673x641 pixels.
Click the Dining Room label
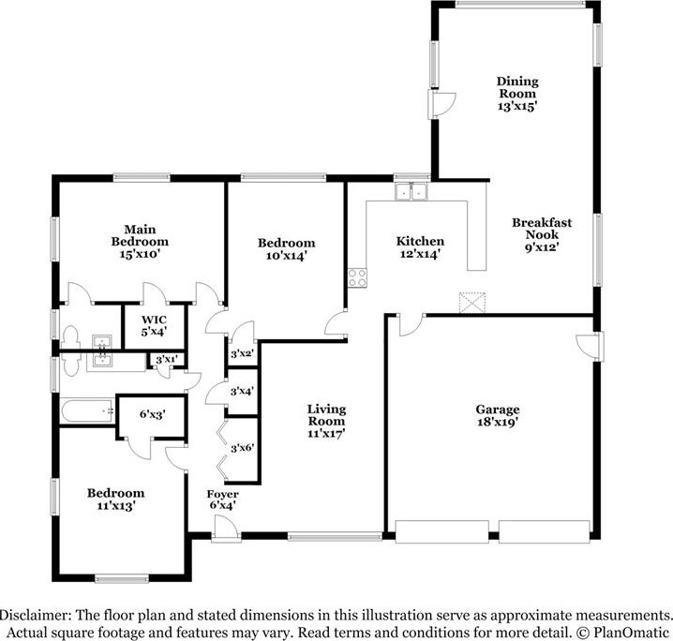pos(516,94)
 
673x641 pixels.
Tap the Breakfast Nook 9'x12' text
pos(542,235)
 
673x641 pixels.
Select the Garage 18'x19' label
pos(497,416)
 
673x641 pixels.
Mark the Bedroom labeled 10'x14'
pos(286,249)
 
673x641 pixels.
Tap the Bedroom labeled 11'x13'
pos(116,499)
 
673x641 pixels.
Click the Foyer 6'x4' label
pos(223,500)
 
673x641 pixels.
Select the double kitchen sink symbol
pos(411,191)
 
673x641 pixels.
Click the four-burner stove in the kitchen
pos(357,277)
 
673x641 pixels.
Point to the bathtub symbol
pos(85,410)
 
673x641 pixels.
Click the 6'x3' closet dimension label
pos(151,414)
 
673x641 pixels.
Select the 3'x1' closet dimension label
pos(166,359)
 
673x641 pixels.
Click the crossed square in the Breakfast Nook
pos(470,303)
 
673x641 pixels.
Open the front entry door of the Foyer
pos(225,531)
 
